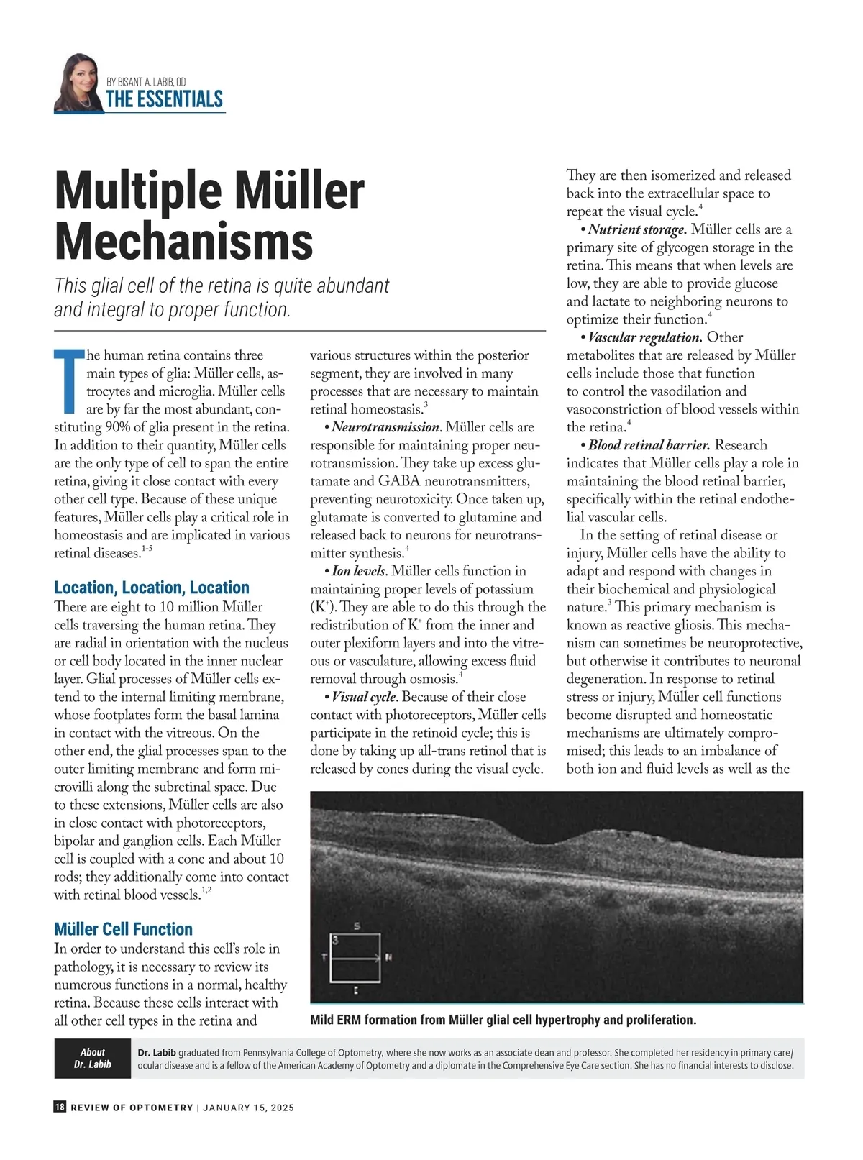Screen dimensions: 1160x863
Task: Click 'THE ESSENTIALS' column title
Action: pyautogui.click(x=164, y=99)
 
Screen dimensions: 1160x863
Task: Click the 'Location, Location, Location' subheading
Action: pyautogui.click(x=152, y=588)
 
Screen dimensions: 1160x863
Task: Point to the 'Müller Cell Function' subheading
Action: pyautogui.click(x=124, y=929)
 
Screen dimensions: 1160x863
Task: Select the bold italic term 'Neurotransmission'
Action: pyautogui.click(x=385, y=427)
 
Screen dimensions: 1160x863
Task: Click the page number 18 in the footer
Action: pyautogui.click(x=60, y=1108)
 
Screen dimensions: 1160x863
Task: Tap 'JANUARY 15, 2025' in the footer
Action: pyautogui.click(x=248, y=1108)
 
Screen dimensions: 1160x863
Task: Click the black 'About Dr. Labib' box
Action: pyautogui.click(x=93, y=1058)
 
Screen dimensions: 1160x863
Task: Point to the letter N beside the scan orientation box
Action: pyautogui.click(x=388, y=957)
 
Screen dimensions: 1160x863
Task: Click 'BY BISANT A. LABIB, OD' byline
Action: pyautogui.click(x=146, y=83)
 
